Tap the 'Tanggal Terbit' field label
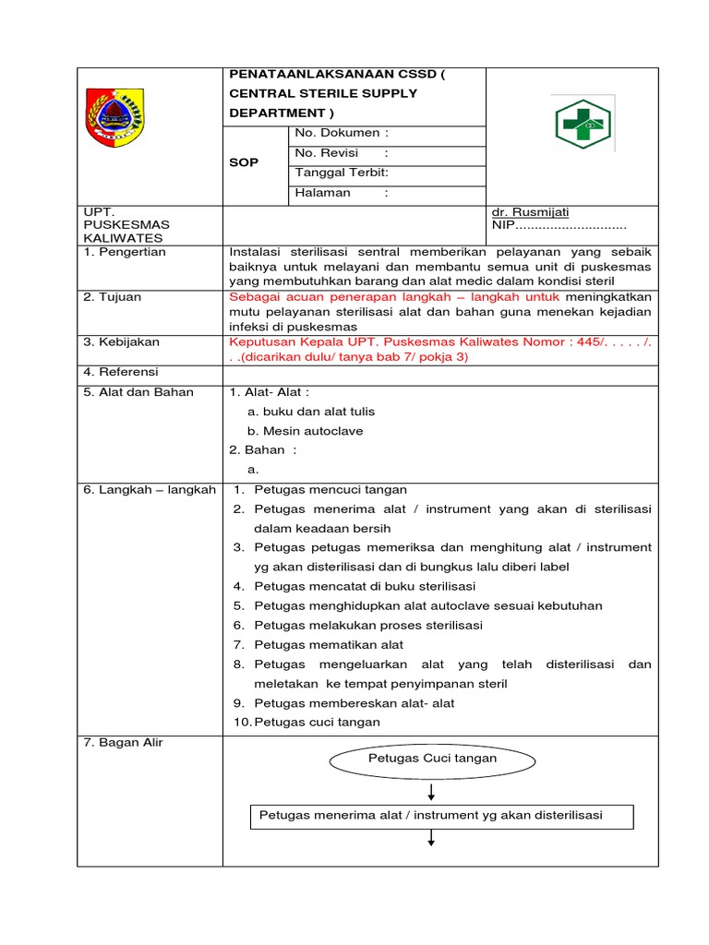[x=341, y=173]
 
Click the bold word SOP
[x=244, y=162]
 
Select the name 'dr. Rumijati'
[x=532, y=212]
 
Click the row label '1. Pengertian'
[x=125, y=252]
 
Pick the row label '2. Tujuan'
[x=113, y=297]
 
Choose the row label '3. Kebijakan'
[x=121, y=341]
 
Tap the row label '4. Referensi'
[x=121, y=372]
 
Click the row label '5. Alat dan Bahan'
[x=138, y=392]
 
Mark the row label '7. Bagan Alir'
[x=123, y=743]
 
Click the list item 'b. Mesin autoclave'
[x=305, y=431]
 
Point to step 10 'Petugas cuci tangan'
[x=317, y=723]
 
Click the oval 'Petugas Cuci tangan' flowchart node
[x=432, y=759]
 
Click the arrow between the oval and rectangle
[x=431, y=790]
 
